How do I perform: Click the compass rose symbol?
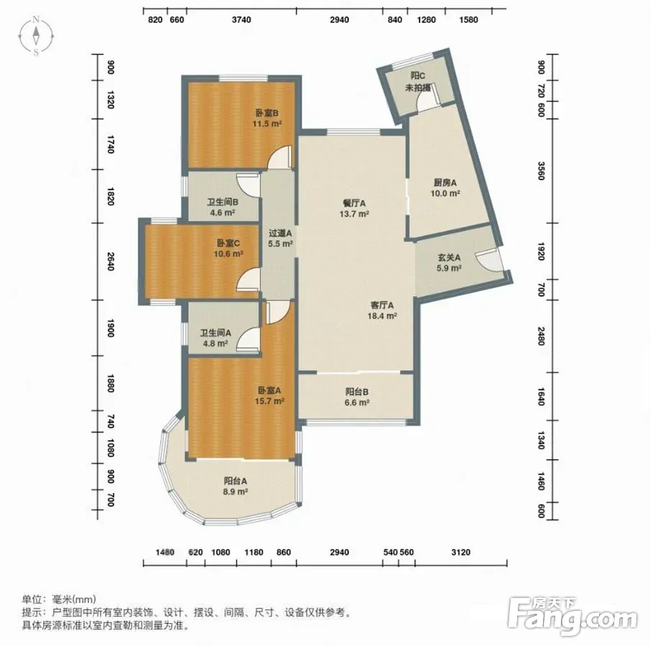tap(37, 36)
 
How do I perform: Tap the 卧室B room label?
tap(266, 113)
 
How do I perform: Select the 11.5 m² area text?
tap(267, 123)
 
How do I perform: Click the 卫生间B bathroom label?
tap(223, 202)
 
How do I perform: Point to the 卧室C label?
tap(228, 243)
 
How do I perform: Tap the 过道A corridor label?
tap(280, 233)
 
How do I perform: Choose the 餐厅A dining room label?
tap(354, 203)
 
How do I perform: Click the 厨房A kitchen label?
tap(445, 182)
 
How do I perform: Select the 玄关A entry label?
tap(449, 257)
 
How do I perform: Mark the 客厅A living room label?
tap(382, 305)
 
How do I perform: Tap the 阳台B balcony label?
tap(357, 392)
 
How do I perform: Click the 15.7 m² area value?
tap(269, 401)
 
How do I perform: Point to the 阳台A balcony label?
tap(236, 481)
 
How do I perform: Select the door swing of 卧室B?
tap(279, 157)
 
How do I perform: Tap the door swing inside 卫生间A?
tap(248, 340)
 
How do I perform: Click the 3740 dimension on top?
tap(241, 20)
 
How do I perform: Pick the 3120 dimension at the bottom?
tap(460, 552)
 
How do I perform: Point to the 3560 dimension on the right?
tap(541, 171)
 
